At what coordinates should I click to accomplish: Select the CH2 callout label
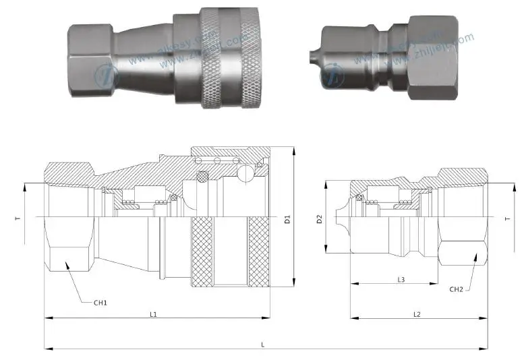pyautogui.click(x=457, y=289)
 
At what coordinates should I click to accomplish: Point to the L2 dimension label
pyautogui.click(x=417, y=315)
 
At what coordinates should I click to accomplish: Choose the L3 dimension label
pyautogui.click(x=401, y=279)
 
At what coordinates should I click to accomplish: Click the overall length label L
pyautogui.click(x=263, y=344)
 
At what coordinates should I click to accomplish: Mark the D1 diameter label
pyautogui.click(x=287, y=219)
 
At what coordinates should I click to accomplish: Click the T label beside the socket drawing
pyautogui.click(x=19, y=218)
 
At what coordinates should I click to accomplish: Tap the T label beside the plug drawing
pyautogui.click(x=507, y=218)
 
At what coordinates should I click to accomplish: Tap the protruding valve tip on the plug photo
pyautogui.click(x=312, y=53)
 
